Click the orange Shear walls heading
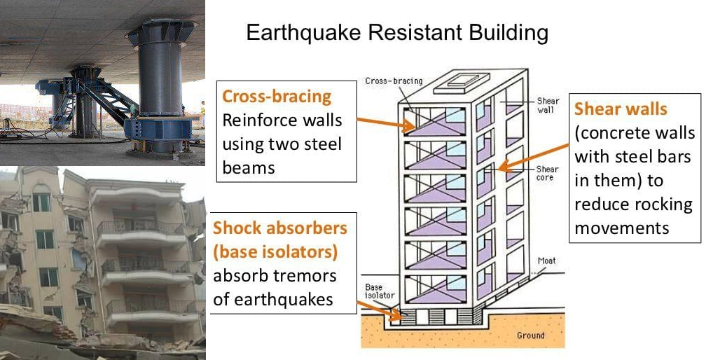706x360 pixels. [621, 109]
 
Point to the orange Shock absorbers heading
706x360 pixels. [280, 228]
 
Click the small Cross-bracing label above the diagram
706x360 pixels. [394, 81]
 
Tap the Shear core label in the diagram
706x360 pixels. [547, 173]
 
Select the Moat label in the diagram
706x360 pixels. [546, 261]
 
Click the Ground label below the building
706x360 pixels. [530, 335]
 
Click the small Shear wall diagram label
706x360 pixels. [548, 105]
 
